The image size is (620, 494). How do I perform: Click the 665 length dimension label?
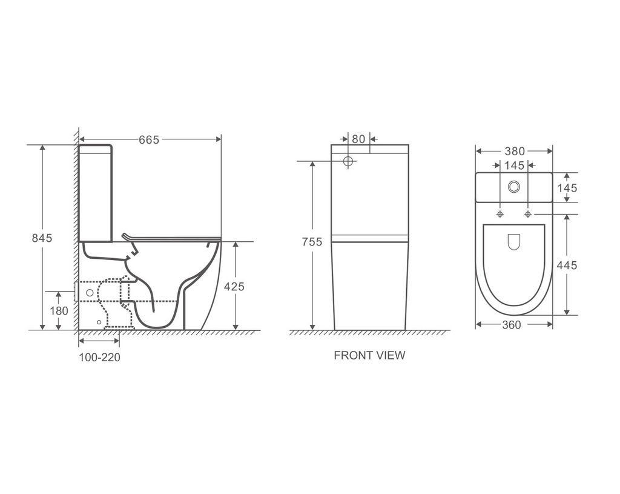click(x=149, y=140)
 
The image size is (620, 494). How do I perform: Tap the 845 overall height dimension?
click(x=42, y=238)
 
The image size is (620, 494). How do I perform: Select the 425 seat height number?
click(x=234, y=287)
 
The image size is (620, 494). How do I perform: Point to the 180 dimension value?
click(x=59, y=311)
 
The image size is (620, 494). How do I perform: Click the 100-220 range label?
click(x=99, y=358)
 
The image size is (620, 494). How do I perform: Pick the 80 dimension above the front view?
click(x=358, y=139)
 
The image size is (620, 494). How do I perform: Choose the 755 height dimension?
click(x=312, y=242)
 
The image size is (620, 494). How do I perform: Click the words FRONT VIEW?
click(x=369, y=356)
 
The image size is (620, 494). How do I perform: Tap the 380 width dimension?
click(x=514, y=152)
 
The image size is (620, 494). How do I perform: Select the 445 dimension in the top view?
click(x=567, y=265)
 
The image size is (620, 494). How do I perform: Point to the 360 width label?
click(x=512, y=325)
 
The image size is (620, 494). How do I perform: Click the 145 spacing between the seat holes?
click(x=514, y=165)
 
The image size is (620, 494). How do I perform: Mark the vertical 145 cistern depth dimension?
click(x=567, y=188)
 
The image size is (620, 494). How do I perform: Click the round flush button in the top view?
click(x=514, y=187)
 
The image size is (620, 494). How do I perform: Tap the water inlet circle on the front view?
click(x=348, y=161)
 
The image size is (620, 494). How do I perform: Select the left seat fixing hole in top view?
click(x=500, y=214)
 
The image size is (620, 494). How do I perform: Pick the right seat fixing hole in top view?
click(x=528, y=214)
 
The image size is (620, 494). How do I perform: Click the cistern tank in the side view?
click(x=95, y=193)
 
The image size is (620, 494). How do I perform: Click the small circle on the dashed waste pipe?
click(x=90, y=293)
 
